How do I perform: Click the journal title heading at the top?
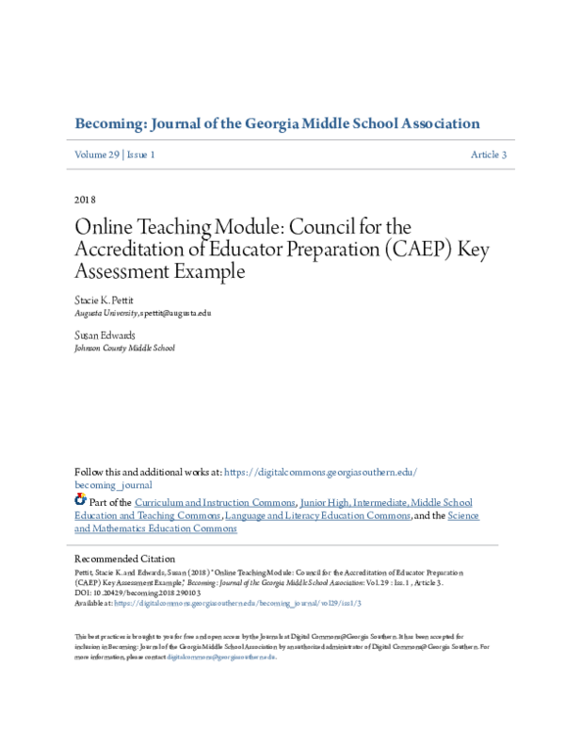pos(277,123)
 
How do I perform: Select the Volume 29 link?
pos(96,154)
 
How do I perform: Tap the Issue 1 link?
pos(140,154)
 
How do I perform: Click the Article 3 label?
pos(489,154)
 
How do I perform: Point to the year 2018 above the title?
pos(84,200)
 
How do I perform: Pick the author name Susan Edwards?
pos(105,335)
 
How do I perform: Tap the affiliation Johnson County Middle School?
pos(124,347)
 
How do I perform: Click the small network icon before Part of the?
pos(80,500)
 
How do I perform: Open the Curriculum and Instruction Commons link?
pos(216,503)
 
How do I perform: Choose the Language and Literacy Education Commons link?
pos(315,515)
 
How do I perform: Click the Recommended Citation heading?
pos(124,559)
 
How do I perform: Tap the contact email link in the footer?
pos(220,657)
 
